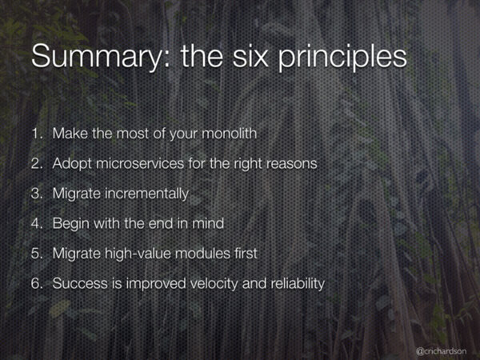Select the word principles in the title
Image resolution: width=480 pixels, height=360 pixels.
(342, 58)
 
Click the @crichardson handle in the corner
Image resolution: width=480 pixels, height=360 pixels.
(441, 351)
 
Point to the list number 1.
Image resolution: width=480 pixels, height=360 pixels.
(37, 134)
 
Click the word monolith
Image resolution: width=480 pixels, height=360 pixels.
(230, 133)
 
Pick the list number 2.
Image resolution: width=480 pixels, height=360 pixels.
(37, 163)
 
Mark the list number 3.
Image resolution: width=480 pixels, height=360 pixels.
(37, 194)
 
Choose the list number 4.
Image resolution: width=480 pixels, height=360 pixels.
(37, 223)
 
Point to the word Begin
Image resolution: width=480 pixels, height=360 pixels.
(70, 224)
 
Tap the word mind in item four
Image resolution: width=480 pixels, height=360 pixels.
(208, 223)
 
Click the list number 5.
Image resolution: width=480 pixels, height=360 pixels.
(37, 254)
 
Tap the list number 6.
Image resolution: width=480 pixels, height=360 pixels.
(37, 283)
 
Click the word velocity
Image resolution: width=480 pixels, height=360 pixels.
(214, 284)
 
